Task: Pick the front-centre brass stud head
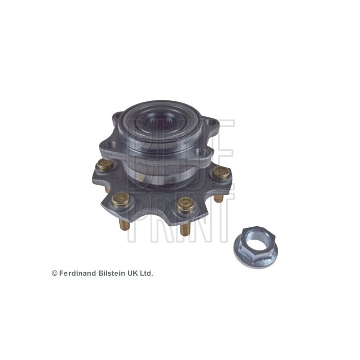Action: [x=185, y=205]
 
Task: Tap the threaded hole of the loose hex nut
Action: [x=254, y=237]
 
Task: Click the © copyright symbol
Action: [x=55, y=273]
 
